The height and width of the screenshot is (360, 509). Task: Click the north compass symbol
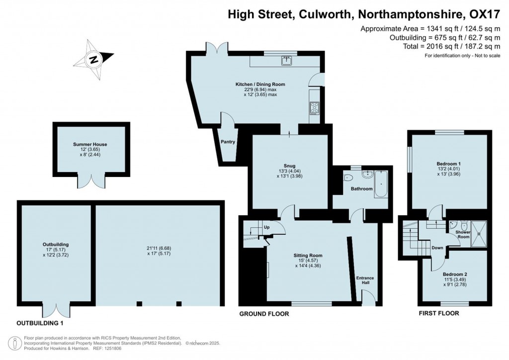[x=93, y=60]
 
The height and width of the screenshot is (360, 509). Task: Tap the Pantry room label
[x=228, y=142]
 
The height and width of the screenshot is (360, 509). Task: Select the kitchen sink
[x=286, y=61]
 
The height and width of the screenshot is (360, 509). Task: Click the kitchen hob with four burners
[x=314, y=107]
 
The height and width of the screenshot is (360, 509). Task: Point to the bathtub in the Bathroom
[x=382, y=184]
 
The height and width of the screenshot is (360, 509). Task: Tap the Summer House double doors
[x=91, y=181]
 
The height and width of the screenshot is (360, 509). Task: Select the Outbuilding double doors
[x=56, y=310]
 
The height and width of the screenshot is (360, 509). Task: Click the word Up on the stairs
[x=266, y=227]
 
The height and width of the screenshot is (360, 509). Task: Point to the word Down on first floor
[x=437, y=248]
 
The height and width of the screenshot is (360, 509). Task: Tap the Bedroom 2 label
[x=455, y=273]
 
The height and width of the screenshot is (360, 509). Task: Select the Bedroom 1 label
[x=448, y=164]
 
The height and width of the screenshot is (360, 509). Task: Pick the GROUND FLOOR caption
[x=264, y=314]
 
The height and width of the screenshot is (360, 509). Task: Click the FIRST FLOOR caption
[x=439, y=313]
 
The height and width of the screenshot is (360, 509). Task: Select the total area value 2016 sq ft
[x=440, y=46]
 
